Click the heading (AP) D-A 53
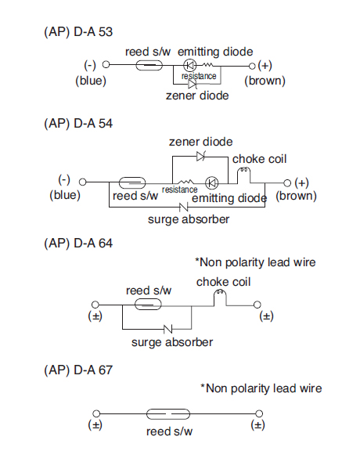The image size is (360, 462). [x=78, y=32]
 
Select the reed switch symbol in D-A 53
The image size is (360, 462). [x=149, y=65]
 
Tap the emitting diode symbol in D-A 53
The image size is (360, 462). [x=190, y=65]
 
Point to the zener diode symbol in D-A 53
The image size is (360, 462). [x=193, y=85]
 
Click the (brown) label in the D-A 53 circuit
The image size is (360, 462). [x=265, y=81]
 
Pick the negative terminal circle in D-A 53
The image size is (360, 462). [x=106, y=64]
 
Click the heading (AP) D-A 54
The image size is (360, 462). [x=78, y=123]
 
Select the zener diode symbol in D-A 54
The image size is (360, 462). [x=201, y=156]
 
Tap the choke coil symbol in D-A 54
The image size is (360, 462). [x=244, y=175]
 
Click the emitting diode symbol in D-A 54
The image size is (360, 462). [x=211, y=183]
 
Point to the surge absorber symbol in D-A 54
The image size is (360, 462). [x=184, y=208]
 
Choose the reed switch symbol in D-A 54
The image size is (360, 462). [x=132, y=183]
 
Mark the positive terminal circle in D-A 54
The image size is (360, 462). [x=287, y=183]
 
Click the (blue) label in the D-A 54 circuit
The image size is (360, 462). [x=65, y=195]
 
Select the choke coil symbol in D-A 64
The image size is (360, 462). [x=220, y=298]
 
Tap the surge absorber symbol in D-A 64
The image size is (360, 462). [x=168, y=329]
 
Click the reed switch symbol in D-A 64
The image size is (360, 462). [x=148, y=305]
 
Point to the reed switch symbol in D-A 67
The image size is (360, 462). [x=168, y=414]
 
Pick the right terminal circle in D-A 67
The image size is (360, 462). [x=259, y=413]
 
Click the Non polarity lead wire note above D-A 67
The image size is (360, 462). [x=261, y=388]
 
